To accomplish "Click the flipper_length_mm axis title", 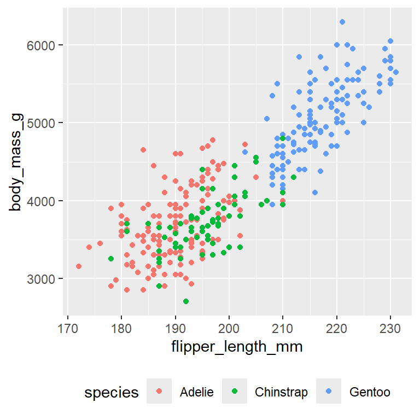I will pos(237,347).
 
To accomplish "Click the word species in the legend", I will pos(112,392).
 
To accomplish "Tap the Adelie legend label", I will pos(196,392).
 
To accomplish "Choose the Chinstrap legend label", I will pos(281,392).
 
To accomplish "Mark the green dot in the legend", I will pos(235,392).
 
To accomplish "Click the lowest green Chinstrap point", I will pos(186,301).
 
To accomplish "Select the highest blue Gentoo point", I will pos(342,22).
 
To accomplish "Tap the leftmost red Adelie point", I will pos(79,266).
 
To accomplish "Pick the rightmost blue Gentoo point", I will pos(396,72).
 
